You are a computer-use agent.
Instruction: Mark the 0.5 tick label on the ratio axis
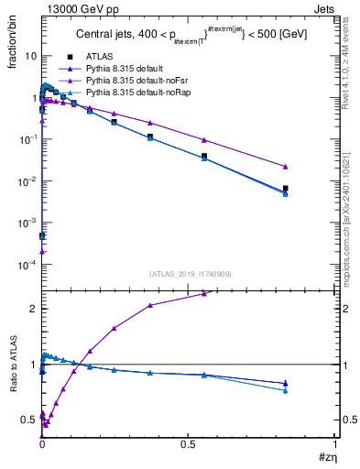[28, 420]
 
